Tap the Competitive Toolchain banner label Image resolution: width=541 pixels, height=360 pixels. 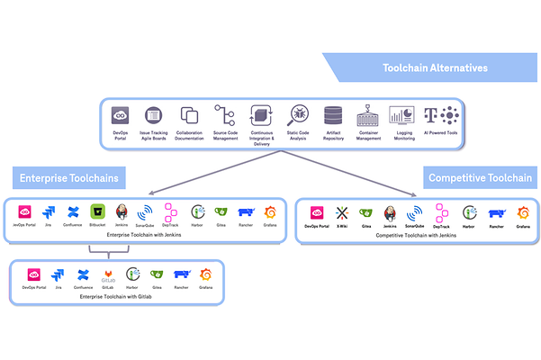(x=479, y=177)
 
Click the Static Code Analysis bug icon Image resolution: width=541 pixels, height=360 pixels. (x=297, y=115)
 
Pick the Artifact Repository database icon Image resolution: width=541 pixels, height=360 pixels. (x=333, y=115)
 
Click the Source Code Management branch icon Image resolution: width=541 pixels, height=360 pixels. (x=224, y=115)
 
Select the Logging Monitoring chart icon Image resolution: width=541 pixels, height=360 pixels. (x=401, y=115)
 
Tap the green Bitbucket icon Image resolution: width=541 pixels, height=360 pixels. (x=97, y=213)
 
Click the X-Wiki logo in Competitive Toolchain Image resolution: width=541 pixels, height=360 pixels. (x=342, y=213)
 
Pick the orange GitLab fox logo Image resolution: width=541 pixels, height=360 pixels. (x=107, y=274)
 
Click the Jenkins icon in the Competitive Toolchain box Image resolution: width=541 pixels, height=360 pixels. (x=391, y=213)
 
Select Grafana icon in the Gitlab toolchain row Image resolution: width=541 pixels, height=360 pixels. (x=204, y=274)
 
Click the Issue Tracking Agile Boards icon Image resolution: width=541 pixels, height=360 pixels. (x=153, y=115)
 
